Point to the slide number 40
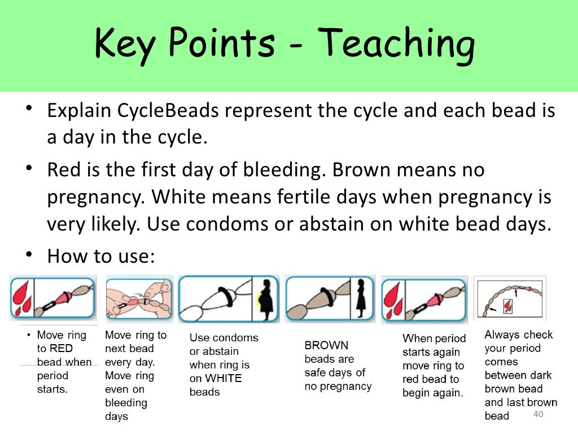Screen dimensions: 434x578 pyautogui.click(x=537, y=415)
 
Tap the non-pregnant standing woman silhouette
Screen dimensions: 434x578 pyautogui.click(x=361, y=298)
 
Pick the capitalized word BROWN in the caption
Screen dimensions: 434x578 pyautogui.click(x=326, y=345)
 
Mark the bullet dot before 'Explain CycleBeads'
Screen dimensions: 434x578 pyautogui.click(x=28, y=110)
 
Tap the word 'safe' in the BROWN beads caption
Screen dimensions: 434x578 pyautogui.click(x=316, y=372)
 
